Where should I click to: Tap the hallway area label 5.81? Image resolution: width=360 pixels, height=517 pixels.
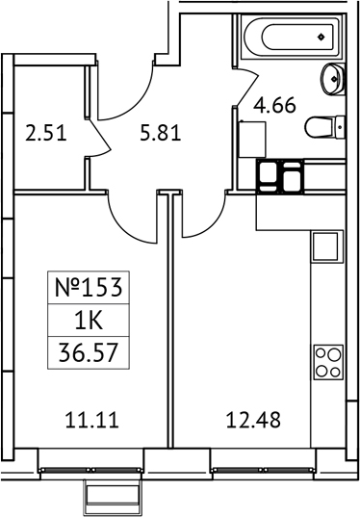(x=160, y=133)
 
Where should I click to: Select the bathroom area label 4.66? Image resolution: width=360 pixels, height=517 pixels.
(x=274, y=105)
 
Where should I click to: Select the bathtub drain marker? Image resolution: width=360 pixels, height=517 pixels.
(x=321, y=38)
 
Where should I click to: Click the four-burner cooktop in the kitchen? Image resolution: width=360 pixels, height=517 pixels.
(x=327, y=364)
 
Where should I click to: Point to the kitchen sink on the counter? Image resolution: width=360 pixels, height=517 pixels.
(x=327, y=246)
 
